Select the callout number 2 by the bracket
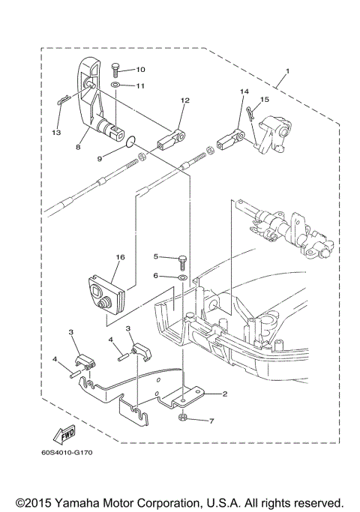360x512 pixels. tap(223, 394)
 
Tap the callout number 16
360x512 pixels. tap(119, 256)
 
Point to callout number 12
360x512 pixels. tap(184, 99)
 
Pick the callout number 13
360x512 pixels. tap(55, 132)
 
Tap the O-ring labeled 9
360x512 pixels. tap(130, 140)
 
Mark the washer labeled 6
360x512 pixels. tap(182, 277)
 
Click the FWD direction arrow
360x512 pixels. tap(65, 434)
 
